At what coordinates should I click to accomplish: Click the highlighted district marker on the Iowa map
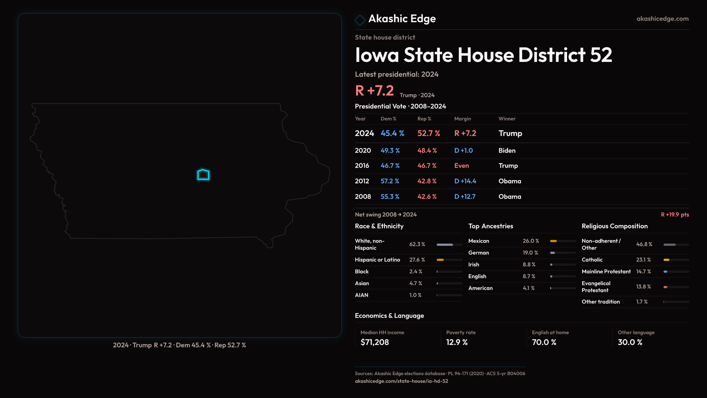pyautogui.click(x=203, y=175)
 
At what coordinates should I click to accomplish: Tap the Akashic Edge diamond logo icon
pyautogui.click(x=360, y=20)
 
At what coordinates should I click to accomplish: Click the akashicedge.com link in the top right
pyautogui.click(x=662, y=18)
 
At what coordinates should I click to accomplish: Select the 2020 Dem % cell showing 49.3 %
pyautogui.click(x=390, y=150)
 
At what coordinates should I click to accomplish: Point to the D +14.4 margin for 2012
pyautogui.click(x=465, y=181)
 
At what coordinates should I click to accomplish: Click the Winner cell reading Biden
pyautogui.click(x=507, y=150)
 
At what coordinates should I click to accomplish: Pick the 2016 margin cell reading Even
pyautogui.click(x=461, y=165)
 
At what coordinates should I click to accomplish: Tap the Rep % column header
pyautogui.click(x=424, y=119)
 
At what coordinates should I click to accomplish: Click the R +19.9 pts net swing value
pyautogui.click(x=675, y=214)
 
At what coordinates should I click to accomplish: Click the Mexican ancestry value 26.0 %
pyautogui.click(x=531, y=241)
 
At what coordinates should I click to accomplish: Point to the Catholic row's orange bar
pyautogui.click(x=666, y=260)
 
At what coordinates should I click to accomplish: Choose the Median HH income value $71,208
pyautogui.click(x=374, y=342)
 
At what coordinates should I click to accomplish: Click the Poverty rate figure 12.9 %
pyautogui.click(x=457, y=342)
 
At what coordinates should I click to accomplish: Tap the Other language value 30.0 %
pyautogui.click(x=630, y=342)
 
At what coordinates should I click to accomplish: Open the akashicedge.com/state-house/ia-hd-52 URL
pyautogui.click(x=401, y=381)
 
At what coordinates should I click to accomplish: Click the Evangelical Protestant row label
pyautogui.click(x=596, y=287)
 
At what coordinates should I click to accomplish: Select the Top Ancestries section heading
pyautogui.click(x=490, y=226)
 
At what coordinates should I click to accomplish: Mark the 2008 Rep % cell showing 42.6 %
pyautogui.click(x=427, y=196)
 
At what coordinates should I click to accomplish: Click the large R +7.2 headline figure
pyautogui.click(x=374, y=91)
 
